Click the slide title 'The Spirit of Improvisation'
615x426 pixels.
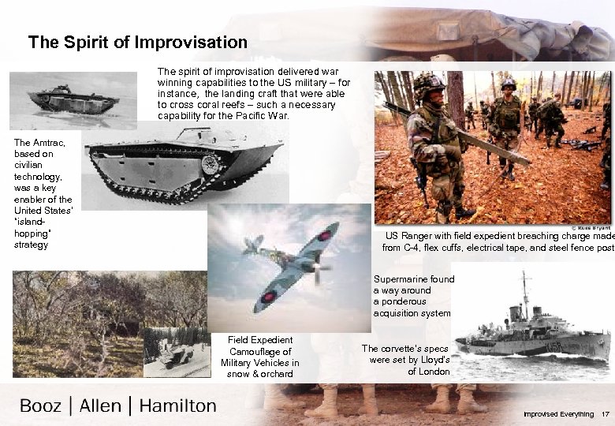(137, 42)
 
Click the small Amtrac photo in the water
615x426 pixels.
(73, 99)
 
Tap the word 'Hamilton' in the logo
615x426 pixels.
(177, 405)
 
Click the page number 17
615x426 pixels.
(605, 414)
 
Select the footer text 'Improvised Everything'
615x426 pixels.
(557, 414)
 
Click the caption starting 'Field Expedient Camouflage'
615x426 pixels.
(259, 357)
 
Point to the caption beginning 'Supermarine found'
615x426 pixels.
(413, 296)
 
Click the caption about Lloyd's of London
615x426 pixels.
(405, 360)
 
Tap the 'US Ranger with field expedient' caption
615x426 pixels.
(497, 241)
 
